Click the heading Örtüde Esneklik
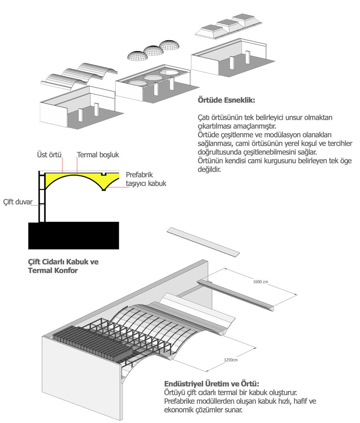coord(226,100)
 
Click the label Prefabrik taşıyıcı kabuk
coord(146,179)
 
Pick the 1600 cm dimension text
coord(260,282)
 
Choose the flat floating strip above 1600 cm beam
coord(204,242)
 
